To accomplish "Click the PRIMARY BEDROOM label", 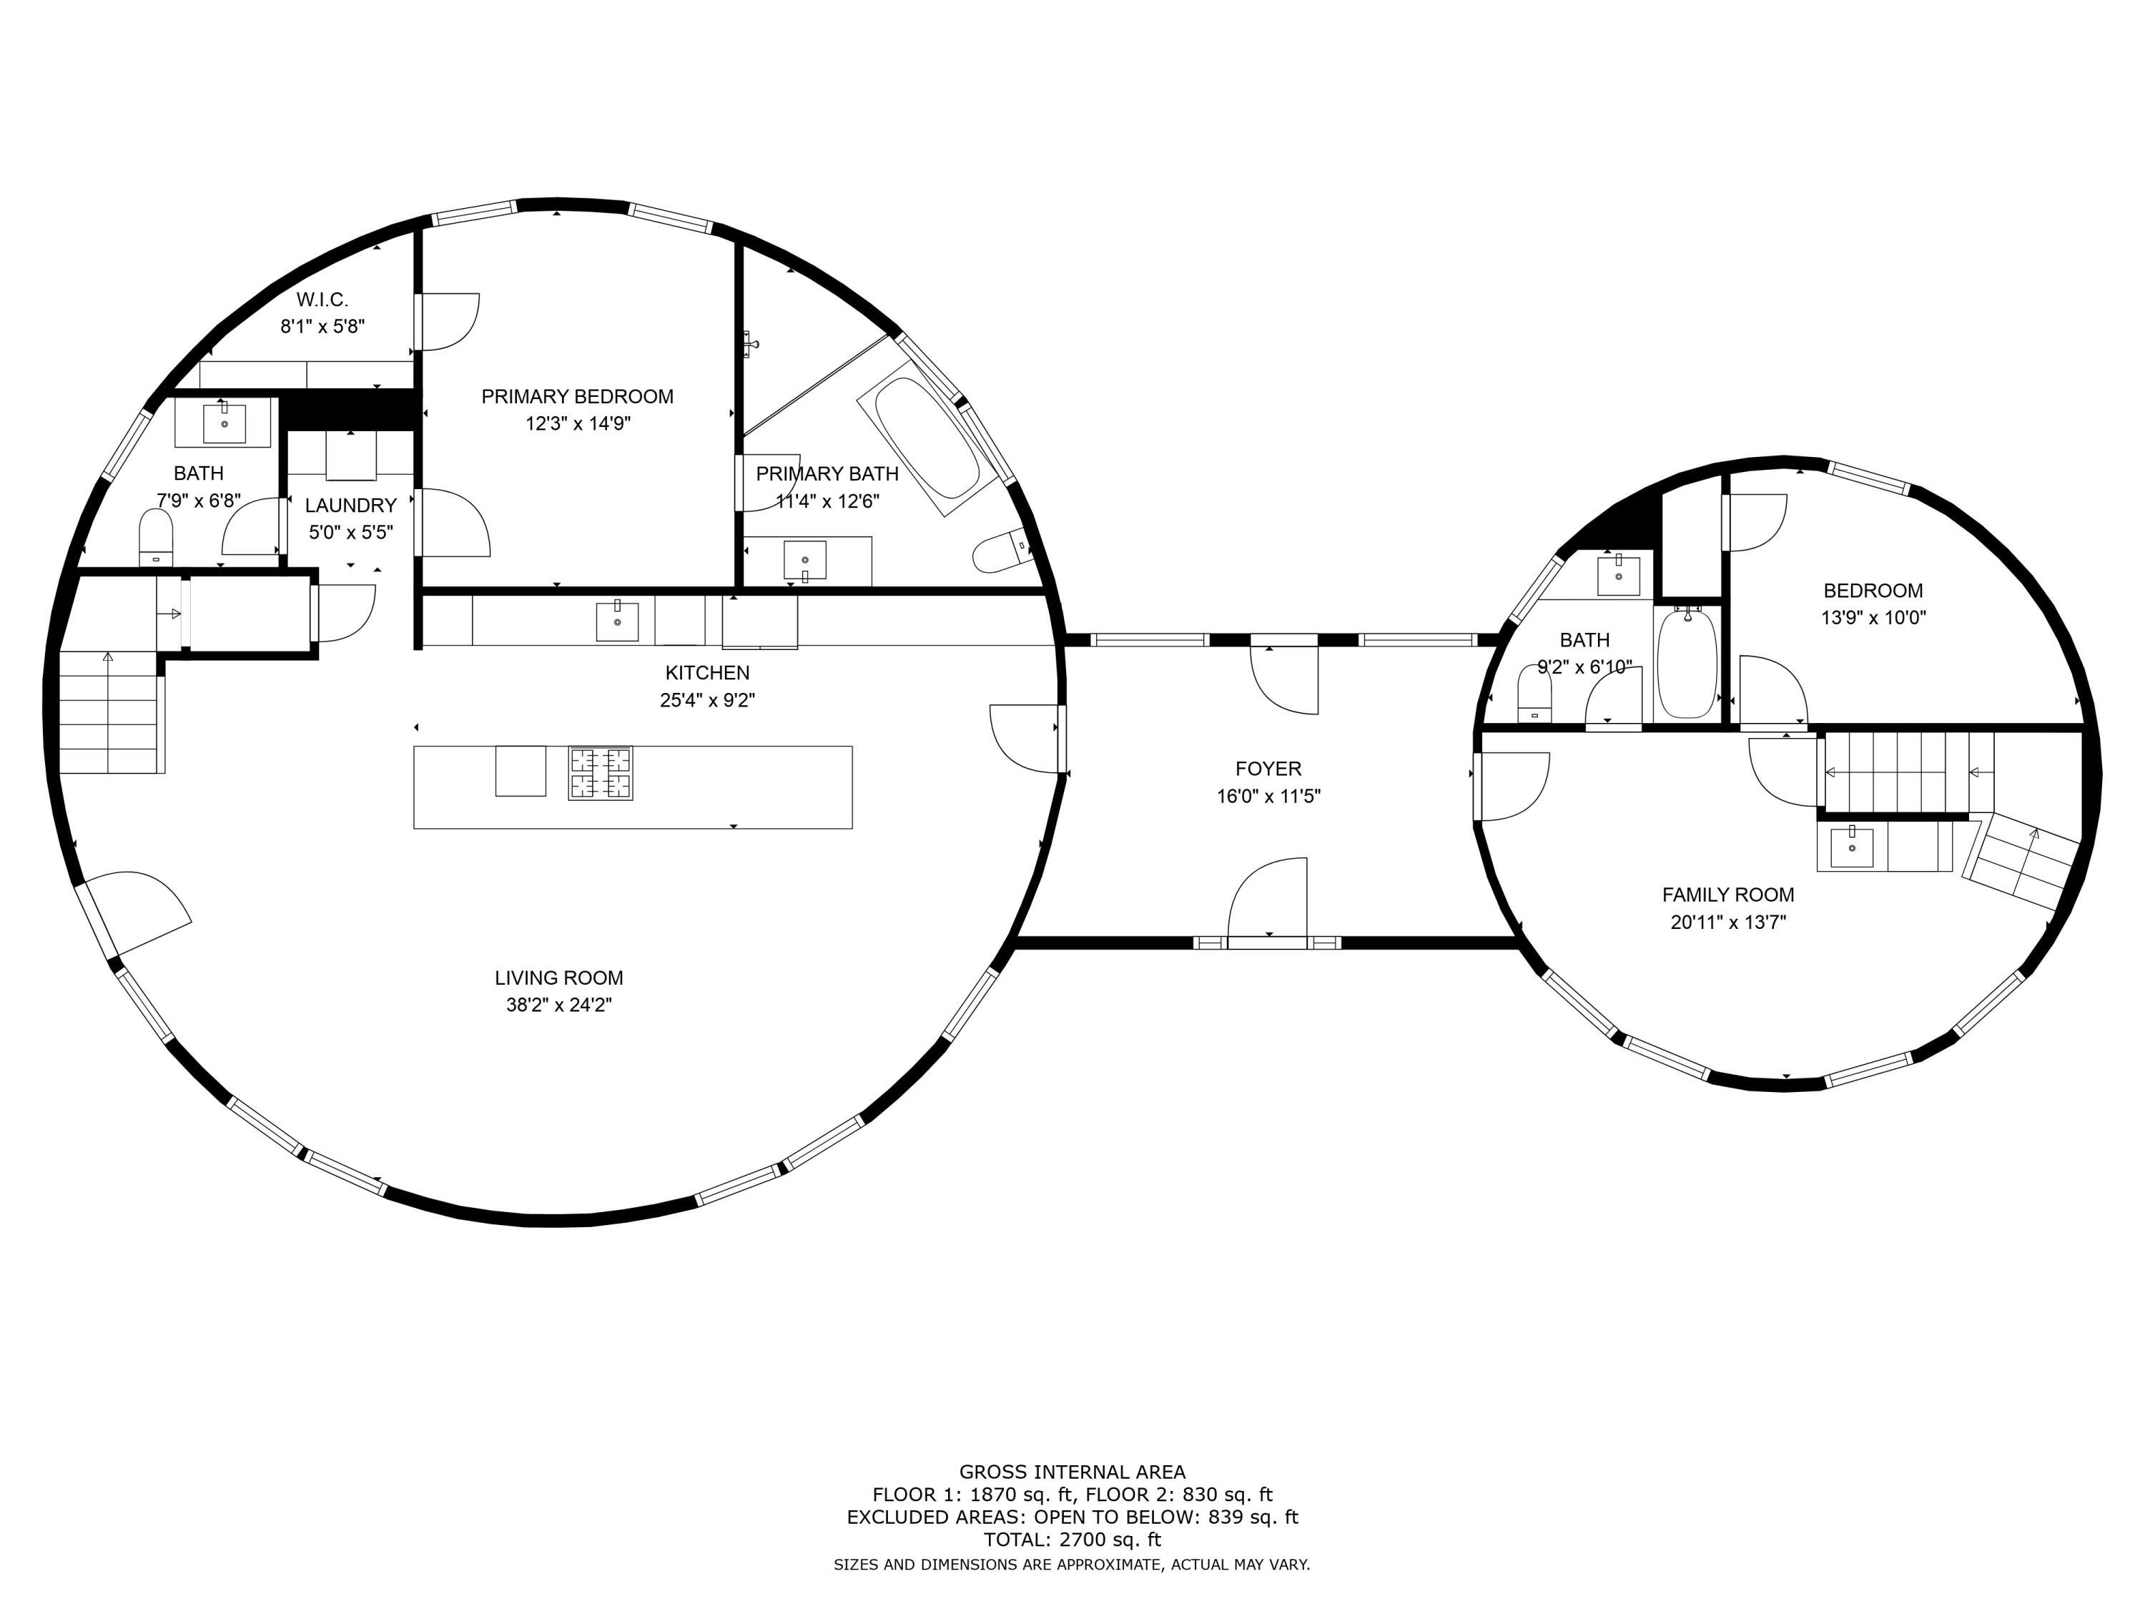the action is (x=577, y=397).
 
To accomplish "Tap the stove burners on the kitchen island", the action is (x=601, y=773).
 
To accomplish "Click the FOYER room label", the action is (x=1268, y=769).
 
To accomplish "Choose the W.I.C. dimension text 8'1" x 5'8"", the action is (x=323, y=327).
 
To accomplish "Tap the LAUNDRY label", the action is (x=351, y=506).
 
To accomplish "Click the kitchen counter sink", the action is (x=617, y=621).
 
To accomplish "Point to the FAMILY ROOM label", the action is (x=1728, y=895).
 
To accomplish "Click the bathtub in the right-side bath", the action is (x=1687, y=662).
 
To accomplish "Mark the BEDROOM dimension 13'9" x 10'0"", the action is (x=1873, y=618).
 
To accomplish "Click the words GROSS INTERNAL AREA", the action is (x=1072, y=1472).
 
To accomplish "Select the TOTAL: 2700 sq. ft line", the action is (x=1072, y=1539).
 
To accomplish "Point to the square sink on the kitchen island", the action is (x=521, y=771).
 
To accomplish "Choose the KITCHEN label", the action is (x=707, y=673).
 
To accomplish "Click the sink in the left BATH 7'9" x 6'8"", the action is (x=224, y=423).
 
